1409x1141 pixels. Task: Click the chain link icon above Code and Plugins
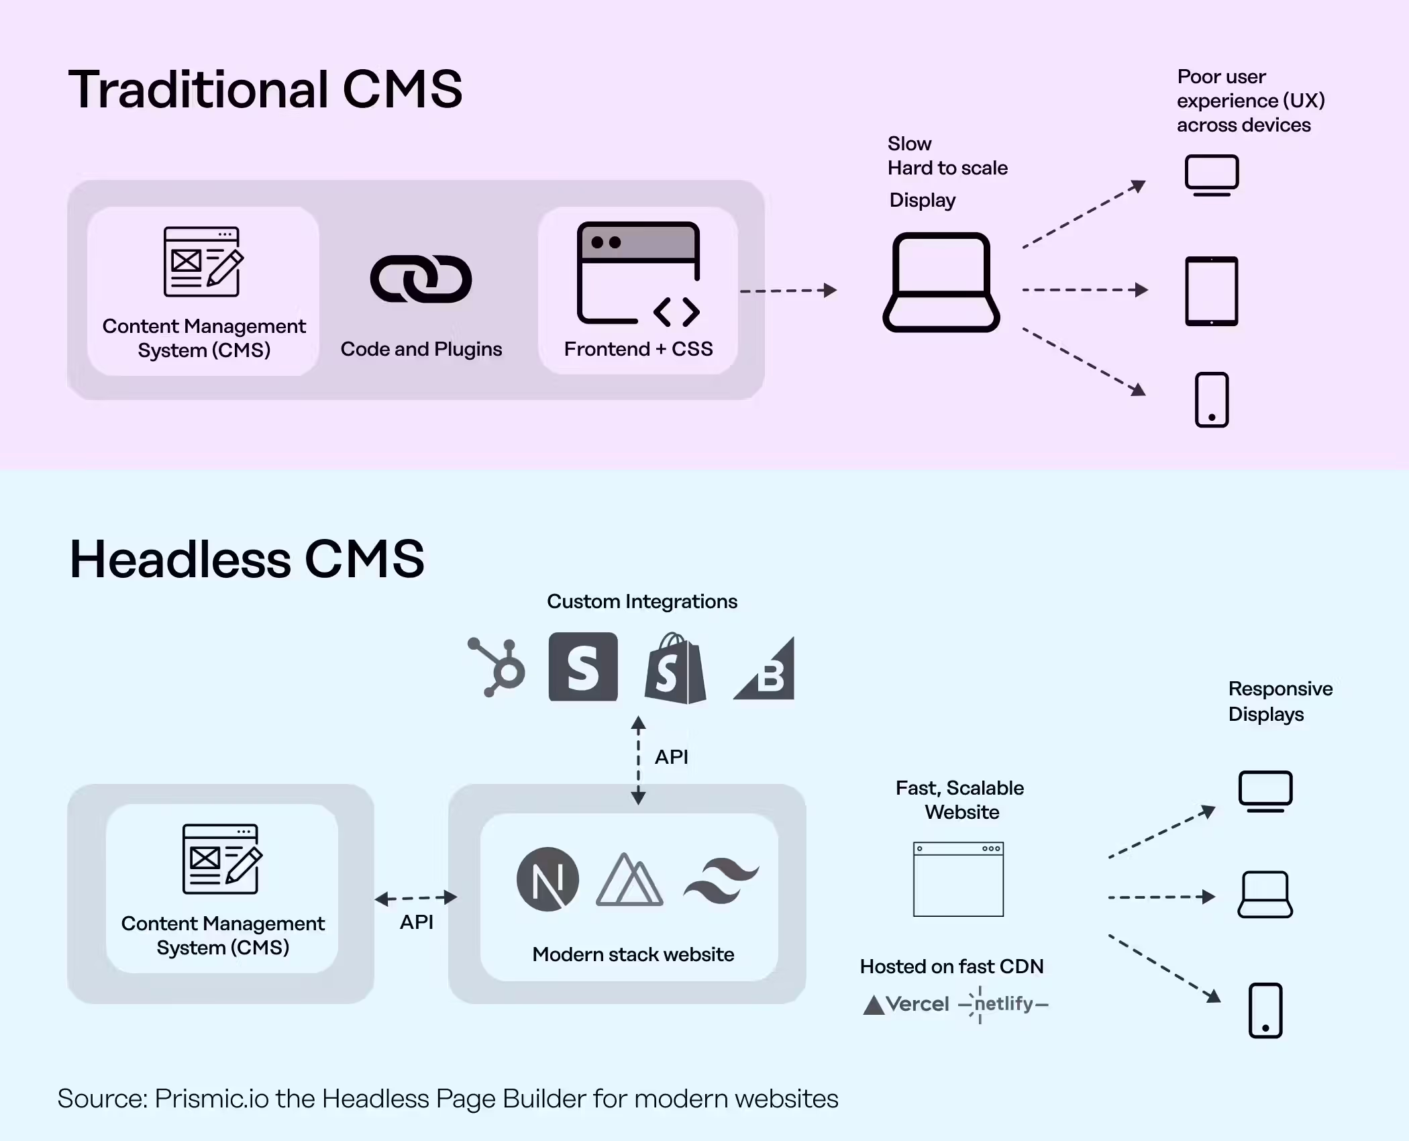[421, 279]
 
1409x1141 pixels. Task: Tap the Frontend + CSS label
[638, 349]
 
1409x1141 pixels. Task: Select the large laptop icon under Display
[941, 283]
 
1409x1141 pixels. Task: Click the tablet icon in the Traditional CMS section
[1211, 291]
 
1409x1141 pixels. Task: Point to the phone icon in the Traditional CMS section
[1211, 399]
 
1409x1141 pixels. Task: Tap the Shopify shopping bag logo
[675, 668]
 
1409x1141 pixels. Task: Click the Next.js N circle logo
[547, 879]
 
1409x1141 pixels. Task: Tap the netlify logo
[1004, 1004]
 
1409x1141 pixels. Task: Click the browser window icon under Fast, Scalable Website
[958, 879]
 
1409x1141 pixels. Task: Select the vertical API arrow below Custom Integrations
[638, 760]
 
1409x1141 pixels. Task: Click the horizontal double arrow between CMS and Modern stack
[416, 898]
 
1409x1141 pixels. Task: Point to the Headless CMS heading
[247, 559]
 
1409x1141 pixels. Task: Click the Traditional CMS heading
[265, 89]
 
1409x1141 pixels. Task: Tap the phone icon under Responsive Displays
[1265, 1010]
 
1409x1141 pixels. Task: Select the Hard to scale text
[947, 168]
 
